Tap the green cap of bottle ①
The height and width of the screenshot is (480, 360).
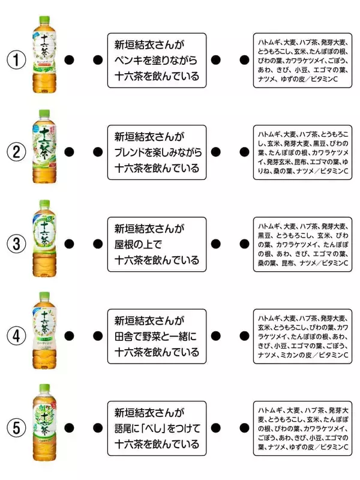tap(43, 20)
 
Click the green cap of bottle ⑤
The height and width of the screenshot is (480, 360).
tap(43, 388)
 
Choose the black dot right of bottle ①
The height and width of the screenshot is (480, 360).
tap(68, 60)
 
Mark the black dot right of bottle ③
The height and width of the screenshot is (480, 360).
tap(68, 244)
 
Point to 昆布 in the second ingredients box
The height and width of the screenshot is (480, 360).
tap(307, 161)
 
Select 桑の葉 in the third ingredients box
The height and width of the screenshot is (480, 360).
tap(268, 263)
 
